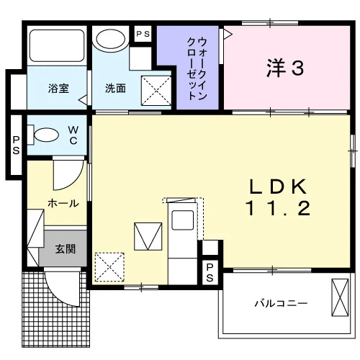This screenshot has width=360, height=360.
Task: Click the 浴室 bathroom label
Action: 58,89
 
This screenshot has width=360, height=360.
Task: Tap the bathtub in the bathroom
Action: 57,45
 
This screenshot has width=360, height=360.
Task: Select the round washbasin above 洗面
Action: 110,38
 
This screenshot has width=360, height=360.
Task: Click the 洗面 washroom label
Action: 115,89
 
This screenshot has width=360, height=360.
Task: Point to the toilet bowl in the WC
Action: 46,135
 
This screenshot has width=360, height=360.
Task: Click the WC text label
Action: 73,135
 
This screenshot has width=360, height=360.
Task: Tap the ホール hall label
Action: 63,204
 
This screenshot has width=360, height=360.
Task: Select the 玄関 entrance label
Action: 66,249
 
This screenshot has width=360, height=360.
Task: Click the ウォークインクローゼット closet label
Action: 197,69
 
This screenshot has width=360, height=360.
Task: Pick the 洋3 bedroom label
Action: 285,68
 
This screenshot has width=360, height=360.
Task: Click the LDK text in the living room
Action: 278,186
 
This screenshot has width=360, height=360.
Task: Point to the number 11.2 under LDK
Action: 278,208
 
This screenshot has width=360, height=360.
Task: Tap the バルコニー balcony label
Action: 281,304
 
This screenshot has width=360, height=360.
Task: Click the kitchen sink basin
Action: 183,220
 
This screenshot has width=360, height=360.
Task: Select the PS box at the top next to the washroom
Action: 143,34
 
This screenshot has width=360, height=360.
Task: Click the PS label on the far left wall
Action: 16,145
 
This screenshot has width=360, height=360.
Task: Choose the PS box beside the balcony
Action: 210,272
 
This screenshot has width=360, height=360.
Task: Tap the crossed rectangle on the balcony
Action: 340,297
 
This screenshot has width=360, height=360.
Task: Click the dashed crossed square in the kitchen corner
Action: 109,267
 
